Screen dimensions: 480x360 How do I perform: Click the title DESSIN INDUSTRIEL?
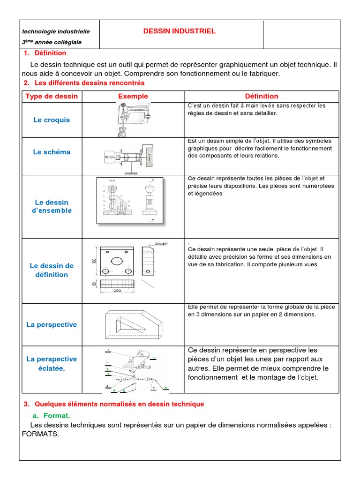[x=179, y=31]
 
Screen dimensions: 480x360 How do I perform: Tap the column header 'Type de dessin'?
[x=52, y=96]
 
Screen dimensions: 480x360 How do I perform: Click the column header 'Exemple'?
[x=133, y=96]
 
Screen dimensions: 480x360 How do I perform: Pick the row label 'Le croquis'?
[x=52, y=120]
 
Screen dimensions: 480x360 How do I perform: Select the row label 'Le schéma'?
[x=52, y=152]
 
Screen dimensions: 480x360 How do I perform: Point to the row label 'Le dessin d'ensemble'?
[x=52, y=206]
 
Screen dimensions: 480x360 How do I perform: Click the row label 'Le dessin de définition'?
[x=52, y=270]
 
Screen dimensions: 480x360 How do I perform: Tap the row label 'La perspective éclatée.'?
[x=52, y=363]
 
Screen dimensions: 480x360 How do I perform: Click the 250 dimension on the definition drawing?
[x=117, y=291]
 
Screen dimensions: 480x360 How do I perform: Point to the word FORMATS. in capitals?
[x=41, y=434]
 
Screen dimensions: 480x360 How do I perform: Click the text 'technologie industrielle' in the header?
[x=56, y=31]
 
